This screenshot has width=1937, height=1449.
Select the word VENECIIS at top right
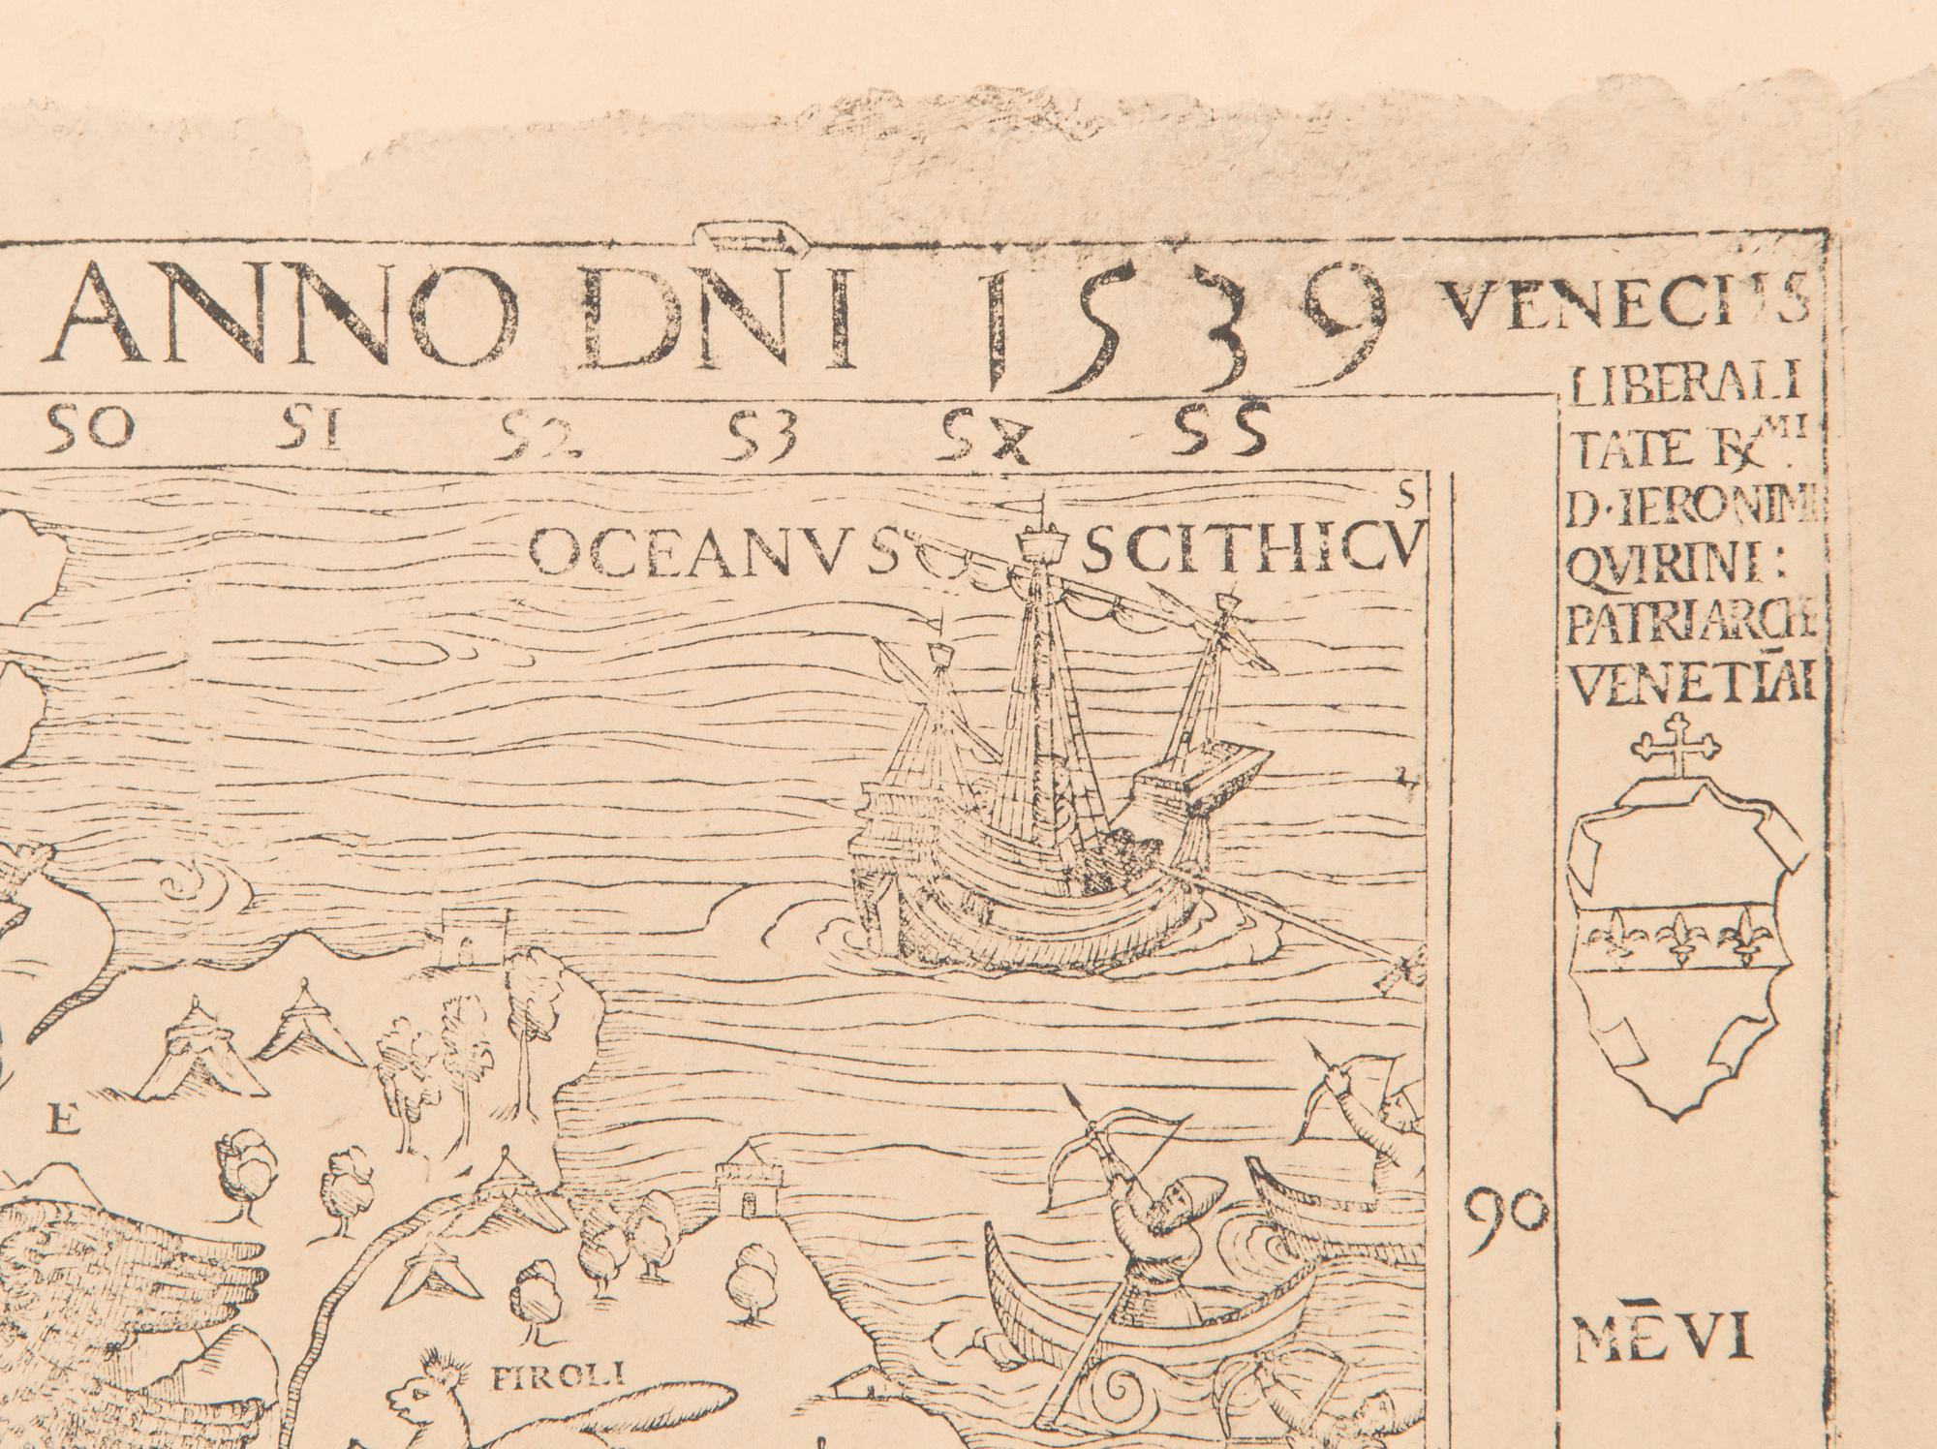coord(1624,309)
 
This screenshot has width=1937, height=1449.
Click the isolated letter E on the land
coord(63,1123)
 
